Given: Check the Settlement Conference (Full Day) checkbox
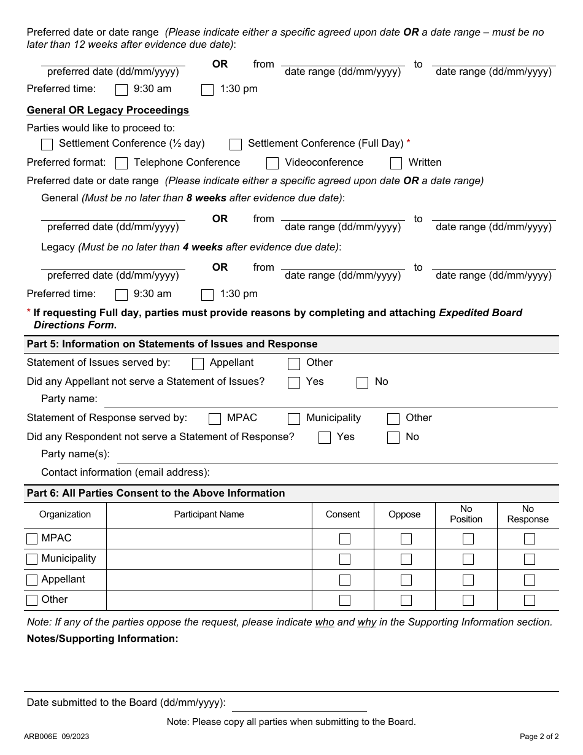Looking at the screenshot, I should tap(236, 145).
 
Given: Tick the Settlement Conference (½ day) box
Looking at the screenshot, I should tap(47, 145).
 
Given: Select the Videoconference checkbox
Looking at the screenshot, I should tap(272, 163).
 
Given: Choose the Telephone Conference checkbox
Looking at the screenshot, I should tap(122, 163).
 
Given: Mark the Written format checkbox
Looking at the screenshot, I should tap(396, 163).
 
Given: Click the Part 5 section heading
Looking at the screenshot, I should tap(172, 344).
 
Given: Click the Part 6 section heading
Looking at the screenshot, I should tap(156, 494).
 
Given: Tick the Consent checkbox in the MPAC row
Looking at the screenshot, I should tap(345, 539).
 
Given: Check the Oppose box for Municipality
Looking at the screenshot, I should tap(406, 559).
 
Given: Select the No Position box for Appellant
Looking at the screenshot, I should tap(468, 580).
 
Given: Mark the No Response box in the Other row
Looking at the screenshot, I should tap(530, 600).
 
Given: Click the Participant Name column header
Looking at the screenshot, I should tap(209, 515).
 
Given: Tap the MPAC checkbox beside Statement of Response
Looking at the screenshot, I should tap(215, 419).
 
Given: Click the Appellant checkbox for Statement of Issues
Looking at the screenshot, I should tap(198, 364).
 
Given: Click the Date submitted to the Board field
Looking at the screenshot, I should tap(299, 703).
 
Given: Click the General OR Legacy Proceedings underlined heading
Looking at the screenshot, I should tap(108, 110).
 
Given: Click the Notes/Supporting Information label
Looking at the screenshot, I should tap(102, 639).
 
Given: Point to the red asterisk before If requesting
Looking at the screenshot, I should tap(29, 312).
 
